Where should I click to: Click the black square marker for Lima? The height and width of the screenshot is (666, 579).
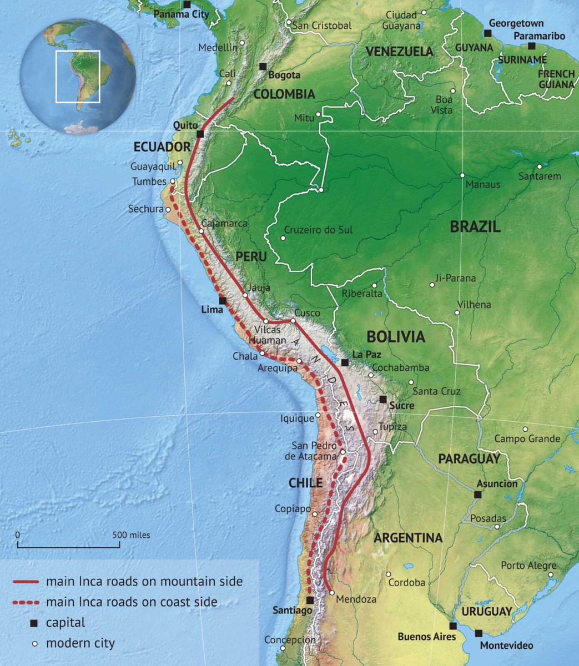click(x=223, y=301)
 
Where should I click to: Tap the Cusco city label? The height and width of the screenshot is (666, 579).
click(x=307, y=313)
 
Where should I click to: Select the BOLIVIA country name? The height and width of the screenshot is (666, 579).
click(x=396, y=337)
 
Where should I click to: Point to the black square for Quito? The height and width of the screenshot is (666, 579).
click(x=200, y=134)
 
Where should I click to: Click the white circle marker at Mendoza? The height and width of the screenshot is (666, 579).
click(x=331, y=593)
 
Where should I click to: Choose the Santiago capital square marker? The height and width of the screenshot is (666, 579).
click(x=310, y=601)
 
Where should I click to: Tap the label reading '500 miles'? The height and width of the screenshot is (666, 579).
click(x=132, y=535)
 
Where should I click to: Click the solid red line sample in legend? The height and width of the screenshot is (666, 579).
click(x=26, y=582)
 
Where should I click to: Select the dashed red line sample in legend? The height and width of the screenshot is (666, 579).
click(x=26, y=602)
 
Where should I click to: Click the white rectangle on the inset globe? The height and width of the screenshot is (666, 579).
click(x=78, y=77)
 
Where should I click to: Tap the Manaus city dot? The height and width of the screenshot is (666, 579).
click(x=462, y=175)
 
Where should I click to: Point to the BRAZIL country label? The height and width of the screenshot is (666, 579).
click(x=475, y=226)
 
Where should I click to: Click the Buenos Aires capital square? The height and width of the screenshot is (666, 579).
click(x=453, y=626)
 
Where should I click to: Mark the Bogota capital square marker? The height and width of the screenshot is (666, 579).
click(x=263, y=67)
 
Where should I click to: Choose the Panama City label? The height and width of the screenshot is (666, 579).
click(x=181, y=14)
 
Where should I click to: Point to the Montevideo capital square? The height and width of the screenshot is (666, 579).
click(x=479, y=633)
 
